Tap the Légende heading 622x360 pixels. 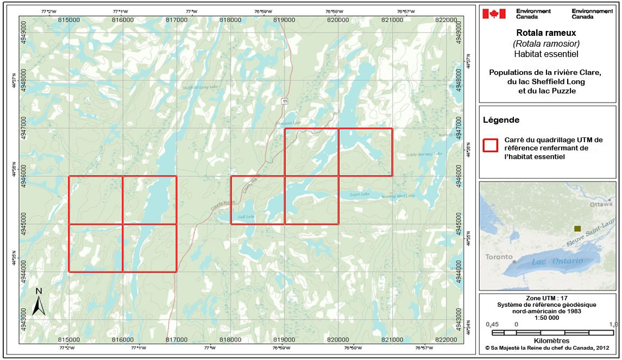[501, 120]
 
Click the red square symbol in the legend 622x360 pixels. [491, 145]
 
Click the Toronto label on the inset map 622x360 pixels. [499, 257]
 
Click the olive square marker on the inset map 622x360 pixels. [577, 229]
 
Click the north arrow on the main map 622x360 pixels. [38, 302]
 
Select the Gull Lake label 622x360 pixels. [247, 217]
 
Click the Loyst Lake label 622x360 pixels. [359, 194]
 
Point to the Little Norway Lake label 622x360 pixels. [425, 154]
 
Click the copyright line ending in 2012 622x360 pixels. [546, 346]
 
